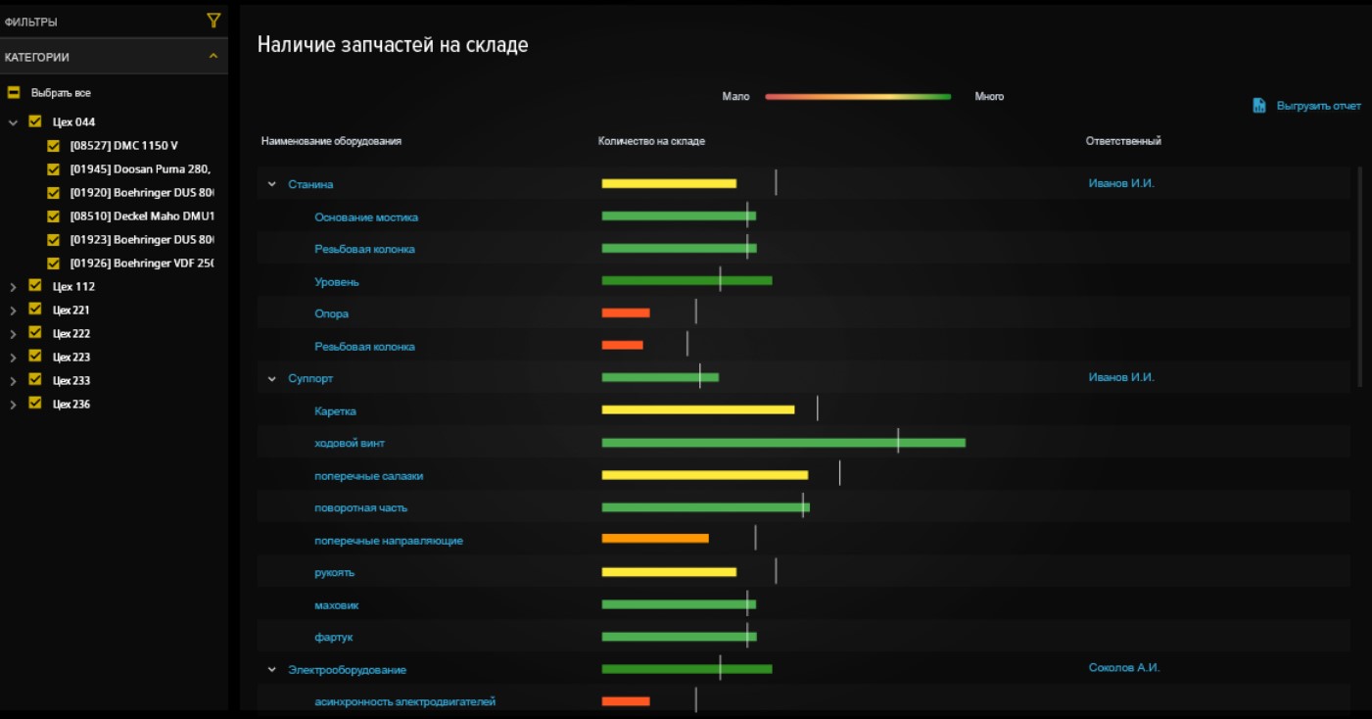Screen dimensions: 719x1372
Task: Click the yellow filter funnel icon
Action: pos(213,21)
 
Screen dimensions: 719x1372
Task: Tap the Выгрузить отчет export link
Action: pos(1306,106)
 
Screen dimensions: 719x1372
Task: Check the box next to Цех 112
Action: pos(35,286)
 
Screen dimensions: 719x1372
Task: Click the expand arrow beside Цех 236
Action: pos(13,405)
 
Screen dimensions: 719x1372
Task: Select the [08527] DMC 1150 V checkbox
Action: pos(55,146)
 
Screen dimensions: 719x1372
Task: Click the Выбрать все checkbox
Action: pos(14,93)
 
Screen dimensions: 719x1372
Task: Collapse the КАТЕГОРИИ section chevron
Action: pos(213,57)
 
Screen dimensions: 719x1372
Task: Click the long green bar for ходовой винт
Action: pos(782,443)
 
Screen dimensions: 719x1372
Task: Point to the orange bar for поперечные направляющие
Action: pos(654,538)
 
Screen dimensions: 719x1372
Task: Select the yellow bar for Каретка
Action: pos(697,409)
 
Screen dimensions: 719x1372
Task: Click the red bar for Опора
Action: pos(625,313)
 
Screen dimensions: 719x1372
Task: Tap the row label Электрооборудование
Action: pos(347,670)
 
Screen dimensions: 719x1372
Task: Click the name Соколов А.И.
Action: pos(1123,668)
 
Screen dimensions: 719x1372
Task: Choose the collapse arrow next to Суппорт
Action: pos(272,379)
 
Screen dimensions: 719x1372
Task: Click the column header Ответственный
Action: pos(1122,142)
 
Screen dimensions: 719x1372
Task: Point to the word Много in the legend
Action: pos(989,97)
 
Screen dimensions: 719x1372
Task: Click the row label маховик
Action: pos(336,605)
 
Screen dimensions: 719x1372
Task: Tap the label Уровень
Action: pos(336,282)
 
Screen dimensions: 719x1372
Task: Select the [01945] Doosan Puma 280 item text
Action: pos(140,169)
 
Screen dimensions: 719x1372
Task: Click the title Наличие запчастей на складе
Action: pos(392,45)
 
